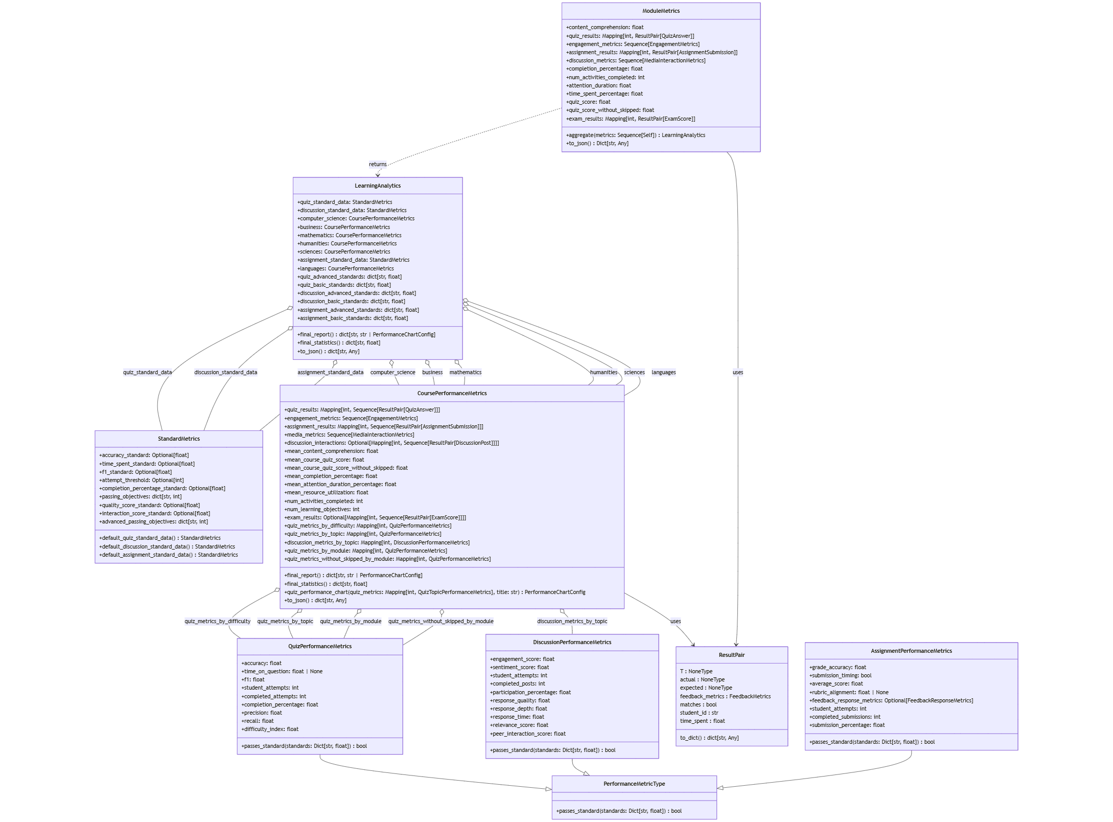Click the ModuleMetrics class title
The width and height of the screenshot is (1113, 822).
coord(661,11)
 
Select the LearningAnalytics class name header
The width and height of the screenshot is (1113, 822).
coord(378,186)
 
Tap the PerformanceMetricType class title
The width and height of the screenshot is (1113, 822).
coord(634,784)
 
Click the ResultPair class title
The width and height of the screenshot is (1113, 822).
coord(731,655)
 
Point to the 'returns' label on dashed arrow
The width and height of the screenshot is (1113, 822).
coord(378,164)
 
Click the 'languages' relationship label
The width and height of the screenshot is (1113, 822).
coord(663,372)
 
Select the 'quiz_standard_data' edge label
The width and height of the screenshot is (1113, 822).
coord(147,372)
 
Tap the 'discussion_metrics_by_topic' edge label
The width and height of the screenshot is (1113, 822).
coord(572,621)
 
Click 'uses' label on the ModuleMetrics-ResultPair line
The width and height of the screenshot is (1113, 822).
coord(737,372)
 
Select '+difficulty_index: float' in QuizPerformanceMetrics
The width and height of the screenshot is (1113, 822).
coord(270,729)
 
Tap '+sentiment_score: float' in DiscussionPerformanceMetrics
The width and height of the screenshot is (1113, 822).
coord(519,667)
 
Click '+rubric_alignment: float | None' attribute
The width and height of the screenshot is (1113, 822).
coord(849,692)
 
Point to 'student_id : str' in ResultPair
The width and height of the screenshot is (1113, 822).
coord(699,713)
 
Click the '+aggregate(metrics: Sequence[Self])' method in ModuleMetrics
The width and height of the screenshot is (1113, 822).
coord(635,135)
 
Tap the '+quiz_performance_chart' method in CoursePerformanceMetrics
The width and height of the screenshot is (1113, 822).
coord(434,592)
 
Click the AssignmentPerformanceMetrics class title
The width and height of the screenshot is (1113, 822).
coord(911,651)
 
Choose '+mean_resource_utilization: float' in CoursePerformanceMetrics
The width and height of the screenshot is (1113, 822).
coord(326,492)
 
